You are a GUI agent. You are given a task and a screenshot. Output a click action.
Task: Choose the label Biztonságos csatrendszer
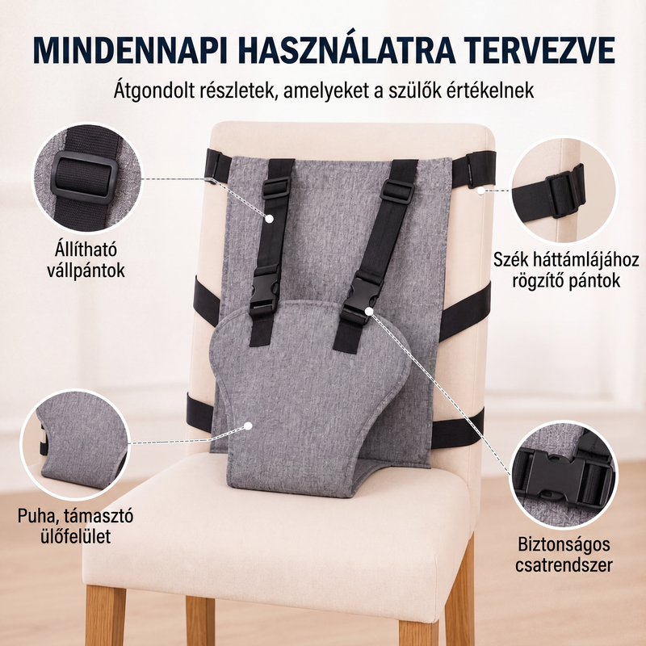[564, 555]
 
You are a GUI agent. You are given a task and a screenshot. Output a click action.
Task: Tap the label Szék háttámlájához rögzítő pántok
[566, 271]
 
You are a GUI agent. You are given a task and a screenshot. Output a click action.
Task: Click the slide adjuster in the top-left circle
[86, 178]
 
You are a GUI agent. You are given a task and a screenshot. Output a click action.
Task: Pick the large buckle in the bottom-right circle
[557, 478]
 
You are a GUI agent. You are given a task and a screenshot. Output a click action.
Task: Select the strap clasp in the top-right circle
[564, 191]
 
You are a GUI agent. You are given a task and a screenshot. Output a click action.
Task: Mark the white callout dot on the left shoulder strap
[269, 218]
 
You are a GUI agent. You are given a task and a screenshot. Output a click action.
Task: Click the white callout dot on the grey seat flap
[248, 426]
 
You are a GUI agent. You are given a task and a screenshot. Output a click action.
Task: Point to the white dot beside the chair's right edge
[480, 191]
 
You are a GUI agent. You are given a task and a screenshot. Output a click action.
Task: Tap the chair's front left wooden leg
[105, 615]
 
